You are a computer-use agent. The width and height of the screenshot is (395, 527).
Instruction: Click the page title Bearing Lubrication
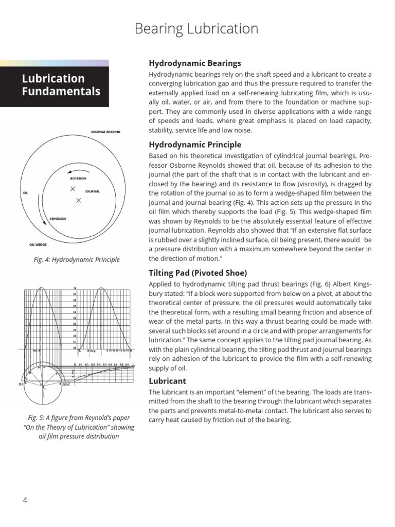click(x=196, y=29)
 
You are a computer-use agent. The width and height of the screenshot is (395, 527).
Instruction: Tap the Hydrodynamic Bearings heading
click(x=194, y=63)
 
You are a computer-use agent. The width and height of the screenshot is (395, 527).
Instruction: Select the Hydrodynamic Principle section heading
click(x=195, y=145)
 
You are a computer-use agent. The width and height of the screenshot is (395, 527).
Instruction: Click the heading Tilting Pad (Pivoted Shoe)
click(x=198, y=272)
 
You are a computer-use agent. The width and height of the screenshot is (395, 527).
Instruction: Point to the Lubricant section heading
click(x=167, y=381)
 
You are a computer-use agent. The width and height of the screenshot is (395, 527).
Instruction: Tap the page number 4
click(x=24, y=500)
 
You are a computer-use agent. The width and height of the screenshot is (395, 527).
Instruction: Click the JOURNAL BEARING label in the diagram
click(x=105, y=132)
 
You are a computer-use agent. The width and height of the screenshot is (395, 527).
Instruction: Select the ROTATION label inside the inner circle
click(x=78, y=178)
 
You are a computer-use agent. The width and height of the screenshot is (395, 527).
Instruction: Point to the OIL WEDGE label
click(x=39, y=244)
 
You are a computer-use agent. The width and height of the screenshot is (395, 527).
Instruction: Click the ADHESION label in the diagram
click(x=58, y=219)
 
